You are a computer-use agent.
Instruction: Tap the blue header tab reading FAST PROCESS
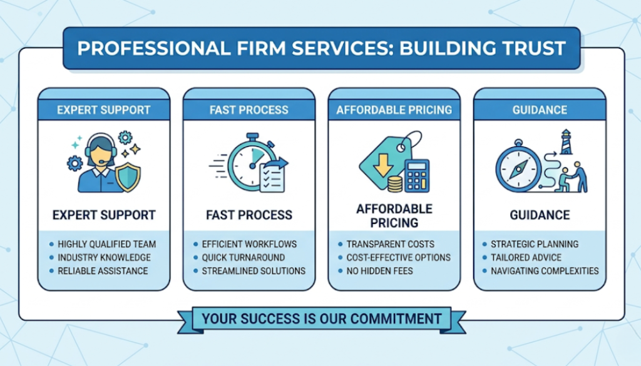(249, 110)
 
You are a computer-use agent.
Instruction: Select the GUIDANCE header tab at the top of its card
(540, 110)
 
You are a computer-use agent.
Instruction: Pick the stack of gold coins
(394, 184)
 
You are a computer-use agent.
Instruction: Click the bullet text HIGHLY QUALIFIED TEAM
(107, 244)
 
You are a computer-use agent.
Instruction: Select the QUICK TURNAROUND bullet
(244, 257)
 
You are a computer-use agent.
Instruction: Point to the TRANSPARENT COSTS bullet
(391, 244)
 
